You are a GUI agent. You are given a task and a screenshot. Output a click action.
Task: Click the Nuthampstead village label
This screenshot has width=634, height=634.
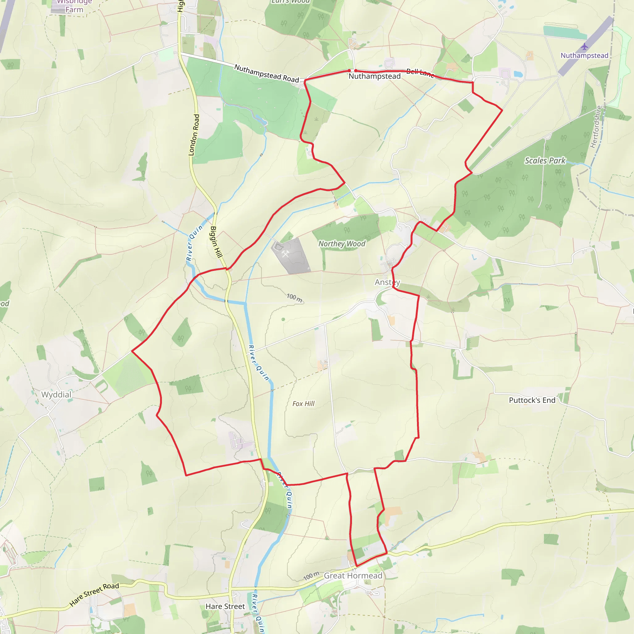click(x=375, y=76)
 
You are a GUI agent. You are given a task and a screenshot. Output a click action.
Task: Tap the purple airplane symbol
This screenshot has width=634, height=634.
click(x=584, y=47)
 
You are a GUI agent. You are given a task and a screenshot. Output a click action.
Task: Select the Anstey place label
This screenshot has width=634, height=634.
click(x=387, y=282)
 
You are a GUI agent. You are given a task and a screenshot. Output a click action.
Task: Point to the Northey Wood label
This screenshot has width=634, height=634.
click(x=342, y=244)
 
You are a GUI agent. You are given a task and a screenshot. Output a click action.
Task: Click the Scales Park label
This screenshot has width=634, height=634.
click(x=545, y=160)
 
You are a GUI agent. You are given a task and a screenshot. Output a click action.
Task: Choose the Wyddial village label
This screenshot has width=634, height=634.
click(x=56, y=394)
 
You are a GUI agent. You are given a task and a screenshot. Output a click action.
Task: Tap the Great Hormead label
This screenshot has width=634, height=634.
click(x=353, y=575)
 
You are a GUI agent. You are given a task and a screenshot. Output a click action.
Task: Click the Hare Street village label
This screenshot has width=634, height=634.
click(x=225, y=606)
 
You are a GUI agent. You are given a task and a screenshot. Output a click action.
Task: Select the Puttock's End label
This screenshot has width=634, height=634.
click(x=532, y=400)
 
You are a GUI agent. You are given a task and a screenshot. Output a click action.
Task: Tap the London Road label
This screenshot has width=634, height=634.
click(x=194, y=135)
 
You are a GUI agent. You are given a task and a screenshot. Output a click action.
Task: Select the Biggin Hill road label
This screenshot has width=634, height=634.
click(x=216, y=242)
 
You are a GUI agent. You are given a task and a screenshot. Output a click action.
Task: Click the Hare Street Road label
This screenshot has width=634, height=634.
click(x=94, y=594)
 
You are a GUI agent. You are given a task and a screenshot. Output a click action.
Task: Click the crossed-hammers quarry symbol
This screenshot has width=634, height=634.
click(x=285, y=253)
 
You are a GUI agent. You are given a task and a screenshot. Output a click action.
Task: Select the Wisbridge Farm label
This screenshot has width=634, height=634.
click(x=74, y=6)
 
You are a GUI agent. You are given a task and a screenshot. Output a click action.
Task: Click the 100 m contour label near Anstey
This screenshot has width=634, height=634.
click(x=294, y=297)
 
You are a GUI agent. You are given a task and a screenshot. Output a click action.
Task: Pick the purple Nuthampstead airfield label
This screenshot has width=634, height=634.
click(x=584, y=55)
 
